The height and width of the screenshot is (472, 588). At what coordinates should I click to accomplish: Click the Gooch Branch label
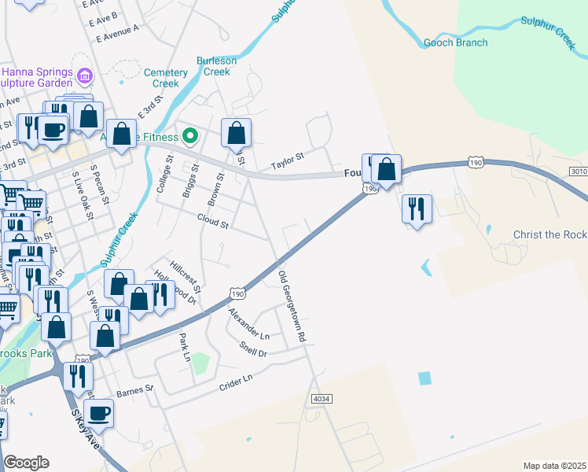coord(455,42)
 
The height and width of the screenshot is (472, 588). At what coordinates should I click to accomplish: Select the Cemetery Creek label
coord(166,78)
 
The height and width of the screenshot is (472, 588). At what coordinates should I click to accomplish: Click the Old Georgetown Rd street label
coord(291,306)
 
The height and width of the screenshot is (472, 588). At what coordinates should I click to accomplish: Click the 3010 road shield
coord(579,171)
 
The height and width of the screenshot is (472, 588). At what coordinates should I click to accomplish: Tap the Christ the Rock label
coord(549,235)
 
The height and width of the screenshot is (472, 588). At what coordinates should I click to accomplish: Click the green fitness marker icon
coord(189,136)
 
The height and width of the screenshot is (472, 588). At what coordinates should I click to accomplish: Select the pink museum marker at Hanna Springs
coord(84,76)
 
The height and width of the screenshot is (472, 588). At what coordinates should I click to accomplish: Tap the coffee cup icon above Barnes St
coord(98,412)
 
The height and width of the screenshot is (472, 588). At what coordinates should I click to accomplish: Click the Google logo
coord(26,463)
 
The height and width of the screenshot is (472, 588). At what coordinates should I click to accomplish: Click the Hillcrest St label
coord(186,275)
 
